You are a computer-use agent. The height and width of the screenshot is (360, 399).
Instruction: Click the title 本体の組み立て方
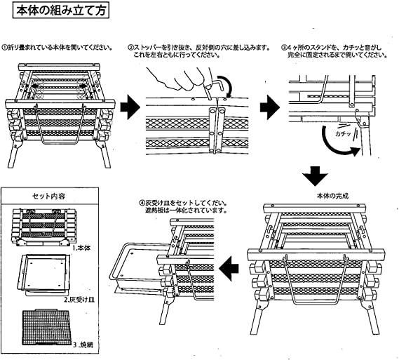(x=61, y=11)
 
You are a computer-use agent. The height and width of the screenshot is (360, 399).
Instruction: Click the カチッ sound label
(x=343, y=133)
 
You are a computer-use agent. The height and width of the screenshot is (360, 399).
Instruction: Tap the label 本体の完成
(x=332, y=196)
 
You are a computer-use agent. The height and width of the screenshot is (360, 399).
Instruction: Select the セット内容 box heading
(x=49, y=196)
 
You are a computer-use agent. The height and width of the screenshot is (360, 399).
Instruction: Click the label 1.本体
(x=81, y=248)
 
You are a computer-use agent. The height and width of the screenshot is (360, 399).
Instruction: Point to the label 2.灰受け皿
(x=79, y=300)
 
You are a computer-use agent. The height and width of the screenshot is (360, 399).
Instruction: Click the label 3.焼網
(x=83, y=345)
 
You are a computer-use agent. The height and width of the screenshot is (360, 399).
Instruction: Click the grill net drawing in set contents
(x=46, y=327)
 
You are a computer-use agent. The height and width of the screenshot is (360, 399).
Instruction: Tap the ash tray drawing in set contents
(x=43, y=274)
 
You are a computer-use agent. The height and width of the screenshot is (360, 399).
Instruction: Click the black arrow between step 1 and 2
(x=130, y=107)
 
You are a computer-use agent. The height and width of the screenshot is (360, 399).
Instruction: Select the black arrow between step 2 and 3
(x=270, y=107)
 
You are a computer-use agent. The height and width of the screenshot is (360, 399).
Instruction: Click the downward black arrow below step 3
(x=316, y=176)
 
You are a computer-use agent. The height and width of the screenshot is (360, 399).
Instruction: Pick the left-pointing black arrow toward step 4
(x=229, y=268)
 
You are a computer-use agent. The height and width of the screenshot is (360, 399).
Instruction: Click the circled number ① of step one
(x=5, y=47)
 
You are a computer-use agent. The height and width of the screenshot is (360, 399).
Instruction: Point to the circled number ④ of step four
(x=142, y=204)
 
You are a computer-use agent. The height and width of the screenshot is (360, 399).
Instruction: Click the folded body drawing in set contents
(x=43, y=227)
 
